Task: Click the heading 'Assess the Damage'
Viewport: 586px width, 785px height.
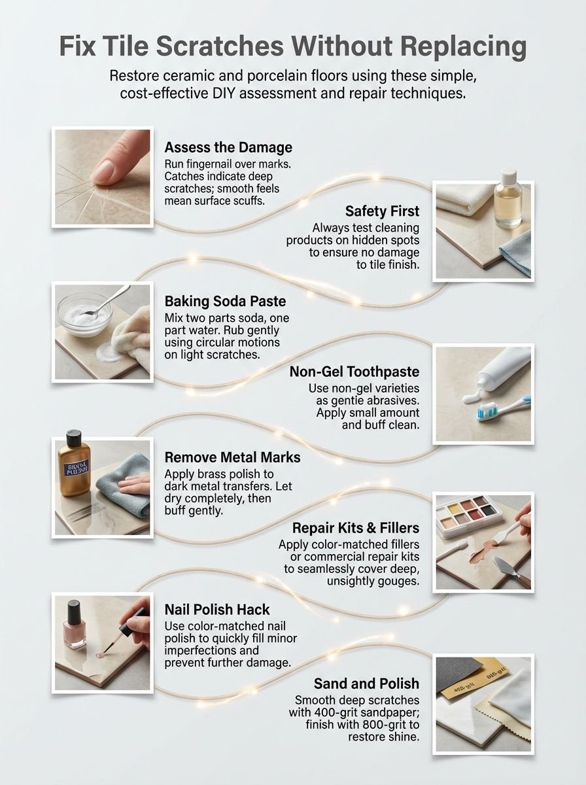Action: click(228, 147)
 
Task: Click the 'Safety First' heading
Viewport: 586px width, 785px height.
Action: click(383, 211)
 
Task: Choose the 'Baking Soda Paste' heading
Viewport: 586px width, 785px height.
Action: click(226, 302)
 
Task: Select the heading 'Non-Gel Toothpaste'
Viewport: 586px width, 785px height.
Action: click(354, 372)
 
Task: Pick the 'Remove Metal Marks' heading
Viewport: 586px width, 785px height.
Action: click(233, 457)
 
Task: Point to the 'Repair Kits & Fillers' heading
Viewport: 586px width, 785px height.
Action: click(356, 527)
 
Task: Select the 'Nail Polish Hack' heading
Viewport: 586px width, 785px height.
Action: click(217, 609)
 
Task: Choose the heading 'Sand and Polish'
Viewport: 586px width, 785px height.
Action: click(366, 684)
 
